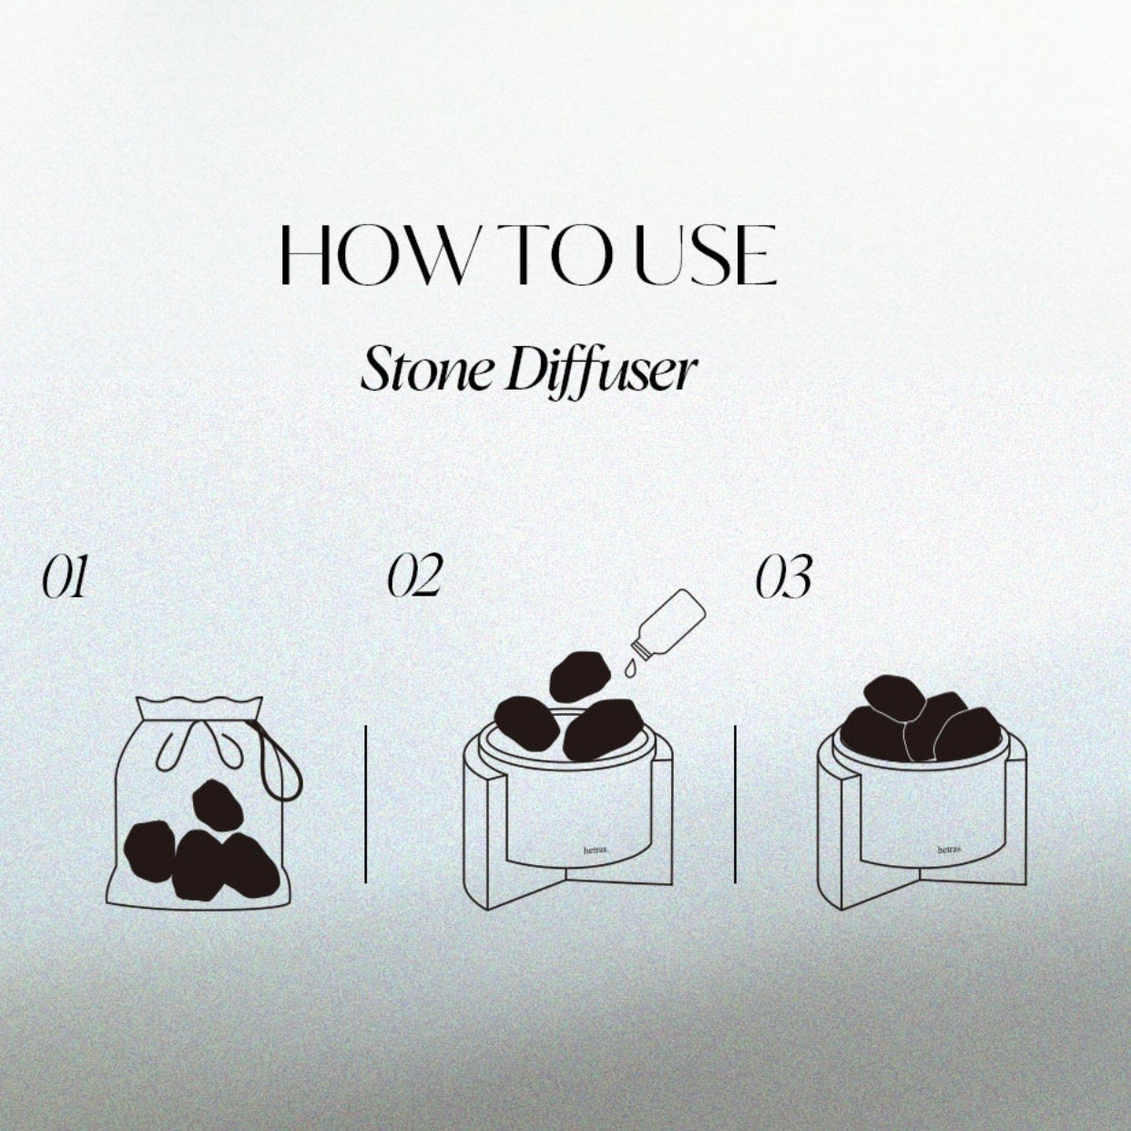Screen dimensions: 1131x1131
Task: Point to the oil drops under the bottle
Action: pos(632,669)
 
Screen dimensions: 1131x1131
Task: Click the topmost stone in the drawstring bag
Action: pos(217,805)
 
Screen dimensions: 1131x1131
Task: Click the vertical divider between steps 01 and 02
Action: pos(366,803)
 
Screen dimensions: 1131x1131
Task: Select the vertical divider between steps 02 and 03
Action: pos(735,803)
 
